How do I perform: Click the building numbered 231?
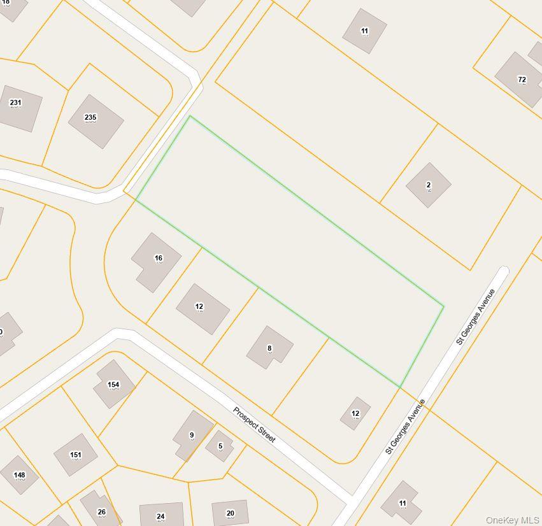point(17,107)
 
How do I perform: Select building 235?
point(96,121)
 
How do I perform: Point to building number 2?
point(429,185)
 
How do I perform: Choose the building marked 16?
point(156,261)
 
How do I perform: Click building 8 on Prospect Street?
point(269,348)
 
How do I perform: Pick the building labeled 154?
point(113,384)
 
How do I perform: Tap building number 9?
point(192,436)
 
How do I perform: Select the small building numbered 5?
point(220,446)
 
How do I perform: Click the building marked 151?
point(75,455)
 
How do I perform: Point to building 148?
point(20,474)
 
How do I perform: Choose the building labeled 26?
point(101,509)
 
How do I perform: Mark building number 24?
point(161,515)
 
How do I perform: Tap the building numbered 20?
point(230,513)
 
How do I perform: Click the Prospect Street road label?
point(254,425)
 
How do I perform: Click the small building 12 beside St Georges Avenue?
point(355,413)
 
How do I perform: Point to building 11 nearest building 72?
point(364,31)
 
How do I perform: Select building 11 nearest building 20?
point(401,503)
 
